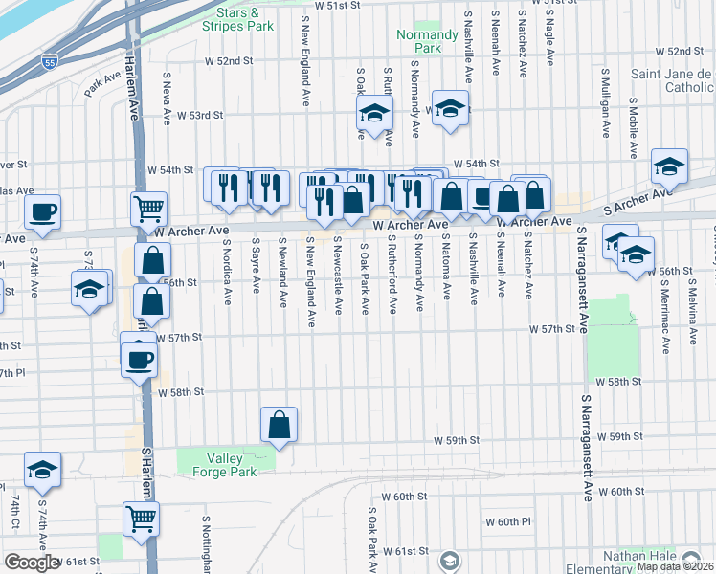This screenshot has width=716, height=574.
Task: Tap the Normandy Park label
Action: [x=419, y=41]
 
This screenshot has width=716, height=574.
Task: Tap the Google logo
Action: [x=31, y=563]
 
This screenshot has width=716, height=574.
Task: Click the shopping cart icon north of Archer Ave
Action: [x=148, y=208]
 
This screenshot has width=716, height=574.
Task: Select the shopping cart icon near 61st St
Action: [x=141, y=519]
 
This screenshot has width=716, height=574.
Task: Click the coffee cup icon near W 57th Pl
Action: [x=140, y=360]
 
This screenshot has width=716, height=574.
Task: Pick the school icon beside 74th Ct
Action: [x=42, y=472]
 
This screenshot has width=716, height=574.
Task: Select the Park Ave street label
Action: [x=97, y=86]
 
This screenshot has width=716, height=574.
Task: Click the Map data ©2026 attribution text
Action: [x=674, y=566]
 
